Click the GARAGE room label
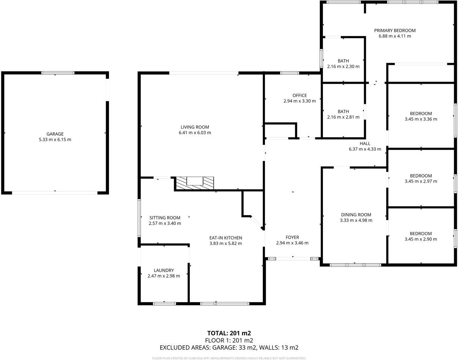(x=55, y=134)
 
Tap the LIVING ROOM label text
(x=195, y=127)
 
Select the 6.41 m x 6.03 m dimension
(x=195, y=133)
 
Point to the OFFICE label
(x=300, y=95)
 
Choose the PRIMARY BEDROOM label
(x=395, y=30)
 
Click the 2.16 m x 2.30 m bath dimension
(x=343, y=66)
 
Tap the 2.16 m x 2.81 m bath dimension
(x=343, y=117)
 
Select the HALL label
(x=365, y=143)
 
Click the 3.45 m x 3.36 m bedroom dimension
(x=421, y=119)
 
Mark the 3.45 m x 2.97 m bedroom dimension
(x=421, y=181)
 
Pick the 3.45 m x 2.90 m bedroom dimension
(x=421, y=239)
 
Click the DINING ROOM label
(x=356, y=215)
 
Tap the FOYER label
(x=292, y=238)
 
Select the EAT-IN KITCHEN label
(x=226, y=238)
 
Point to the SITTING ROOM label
(x=165, y=218)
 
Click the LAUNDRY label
(x=164, y=270)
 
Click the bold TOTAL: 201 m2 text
(x=229, y=333)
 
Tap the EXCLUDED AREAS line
(x=229, y=347)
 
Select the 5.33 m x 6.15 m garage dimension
(x=55, y=140)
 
